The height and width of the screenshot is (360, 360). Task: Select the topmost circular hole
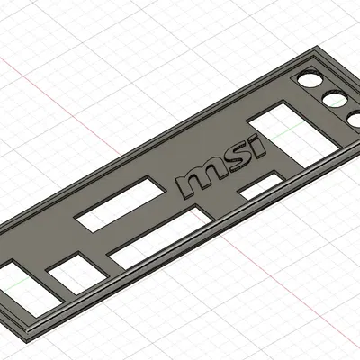(310, 79)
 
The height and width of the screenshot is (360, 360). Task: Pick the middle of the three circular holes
(334, 99)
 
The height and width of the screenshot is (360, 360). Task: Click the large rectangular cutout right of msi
(279, 130)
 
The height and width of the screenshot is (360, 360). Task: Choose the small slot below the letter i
(262, 187)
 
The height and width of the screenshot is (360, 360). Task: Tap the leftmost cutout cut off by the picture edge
(16, 283)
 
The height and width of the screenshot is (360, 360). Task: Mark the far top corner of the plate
(319, 53)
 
